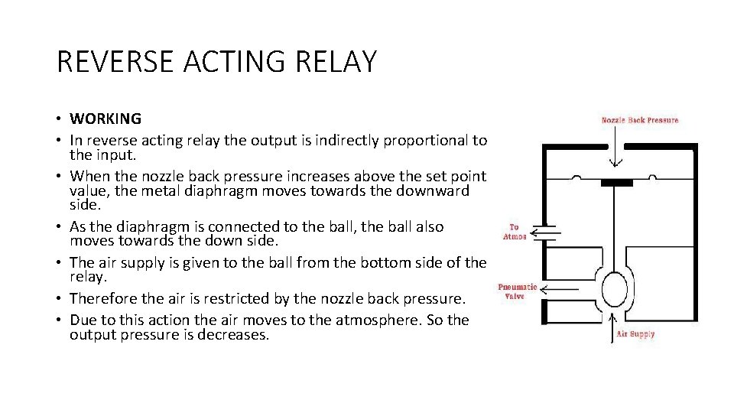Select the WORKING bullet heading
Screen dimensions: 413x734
pos(106,119)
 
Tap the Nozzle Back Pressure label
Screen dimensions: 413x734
pos(640,120)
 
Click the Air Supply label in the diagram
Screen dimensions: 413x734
pos(636,334)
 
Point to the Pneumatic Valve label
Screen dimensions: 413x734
pos(517,291)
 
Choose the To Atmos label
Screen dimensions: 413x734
pos(515,232)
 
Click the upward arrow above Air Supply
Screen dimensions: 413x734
pos(615,324)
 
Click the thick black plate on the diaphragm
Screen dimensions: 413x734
pos(617,183)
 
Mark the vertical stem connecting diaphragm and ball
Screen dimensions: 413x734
pos(617,226)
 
